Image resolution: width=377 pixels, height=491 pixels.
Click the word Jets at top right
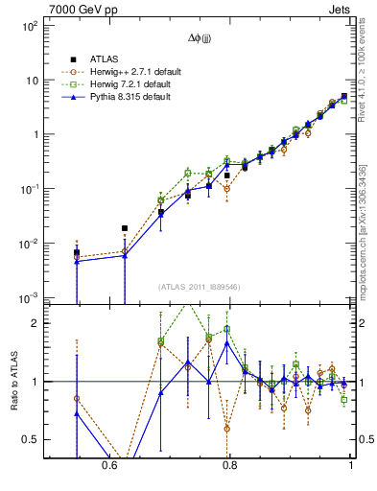coord(339,8)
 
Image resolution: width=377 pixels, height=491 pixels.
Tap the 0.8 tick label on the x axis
coord(229,464)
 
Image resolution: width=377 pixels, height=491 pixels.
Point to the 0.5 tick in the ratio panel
coord(30,440)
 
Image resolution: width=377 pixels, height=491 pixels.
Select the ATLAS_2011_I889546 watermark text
coord(200,287)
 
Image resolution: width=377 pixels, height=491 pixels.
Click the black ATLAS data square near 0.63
coord(125,228)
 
